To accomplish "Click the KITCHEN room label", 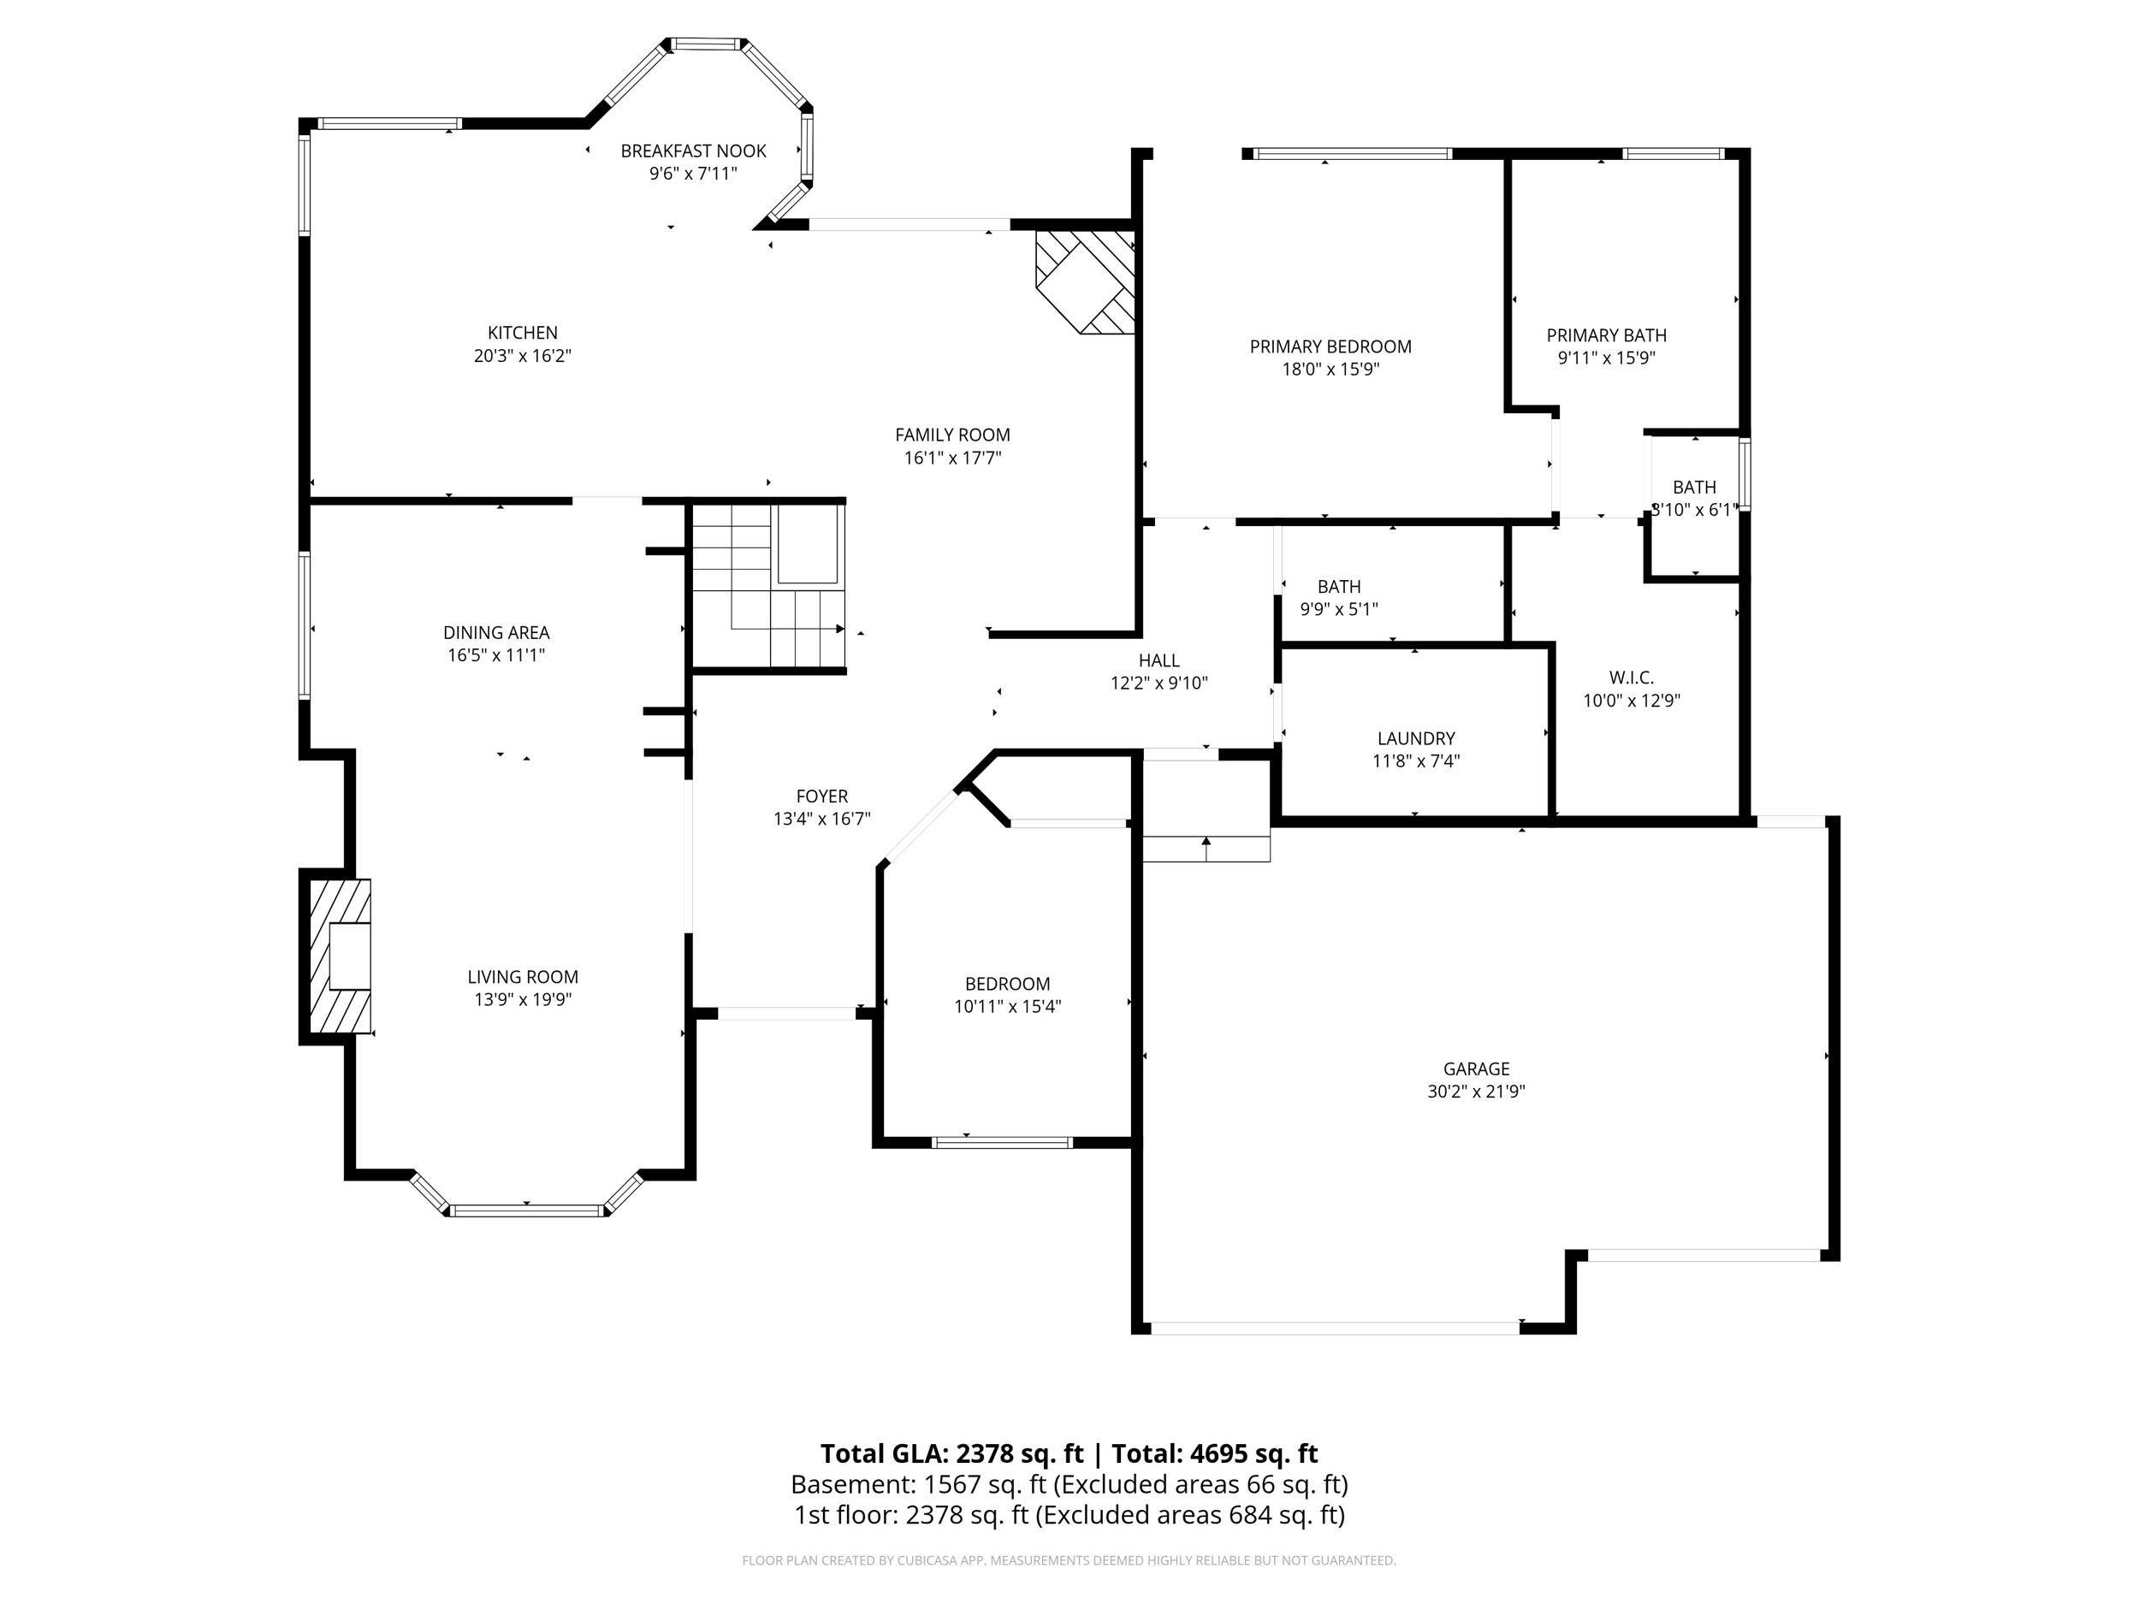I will pyautogui.click(x=522, y=333).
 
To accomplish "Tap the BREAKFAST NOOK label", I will pyautogui.click(x=692, y=151).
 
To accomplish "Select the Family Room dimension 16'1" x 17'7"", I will pyautogui.click(x=951, y=459).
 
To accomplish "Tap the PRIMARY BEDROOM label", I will pyautogui.click(x=1330, y=347).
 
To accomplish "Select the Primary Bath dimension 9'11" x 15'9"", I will pyautogui.click(x=1605, y=358).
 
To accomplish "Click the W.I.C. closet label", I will pyautogui.click(x=1631, y=678).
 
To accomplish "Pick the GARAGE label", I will pyautogui.click(x=1476, y=1068).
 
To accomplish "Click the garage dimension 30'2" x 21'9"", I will pyautogui.click(x=1476, y=1092).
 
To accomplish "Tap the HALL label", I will pyautogui.click(x=1158, y=660).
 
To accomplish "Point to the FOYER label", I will pyautogui.click(x=821, y=796).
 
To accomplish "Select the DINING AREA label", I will pyautogui.click(x=496, y=632).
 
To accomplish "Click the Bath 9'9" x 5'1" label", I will pyautogui.click(x=1338, y=587).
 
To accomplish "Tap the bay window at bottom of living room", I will pyautogui.click(x=526, y=1210).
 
